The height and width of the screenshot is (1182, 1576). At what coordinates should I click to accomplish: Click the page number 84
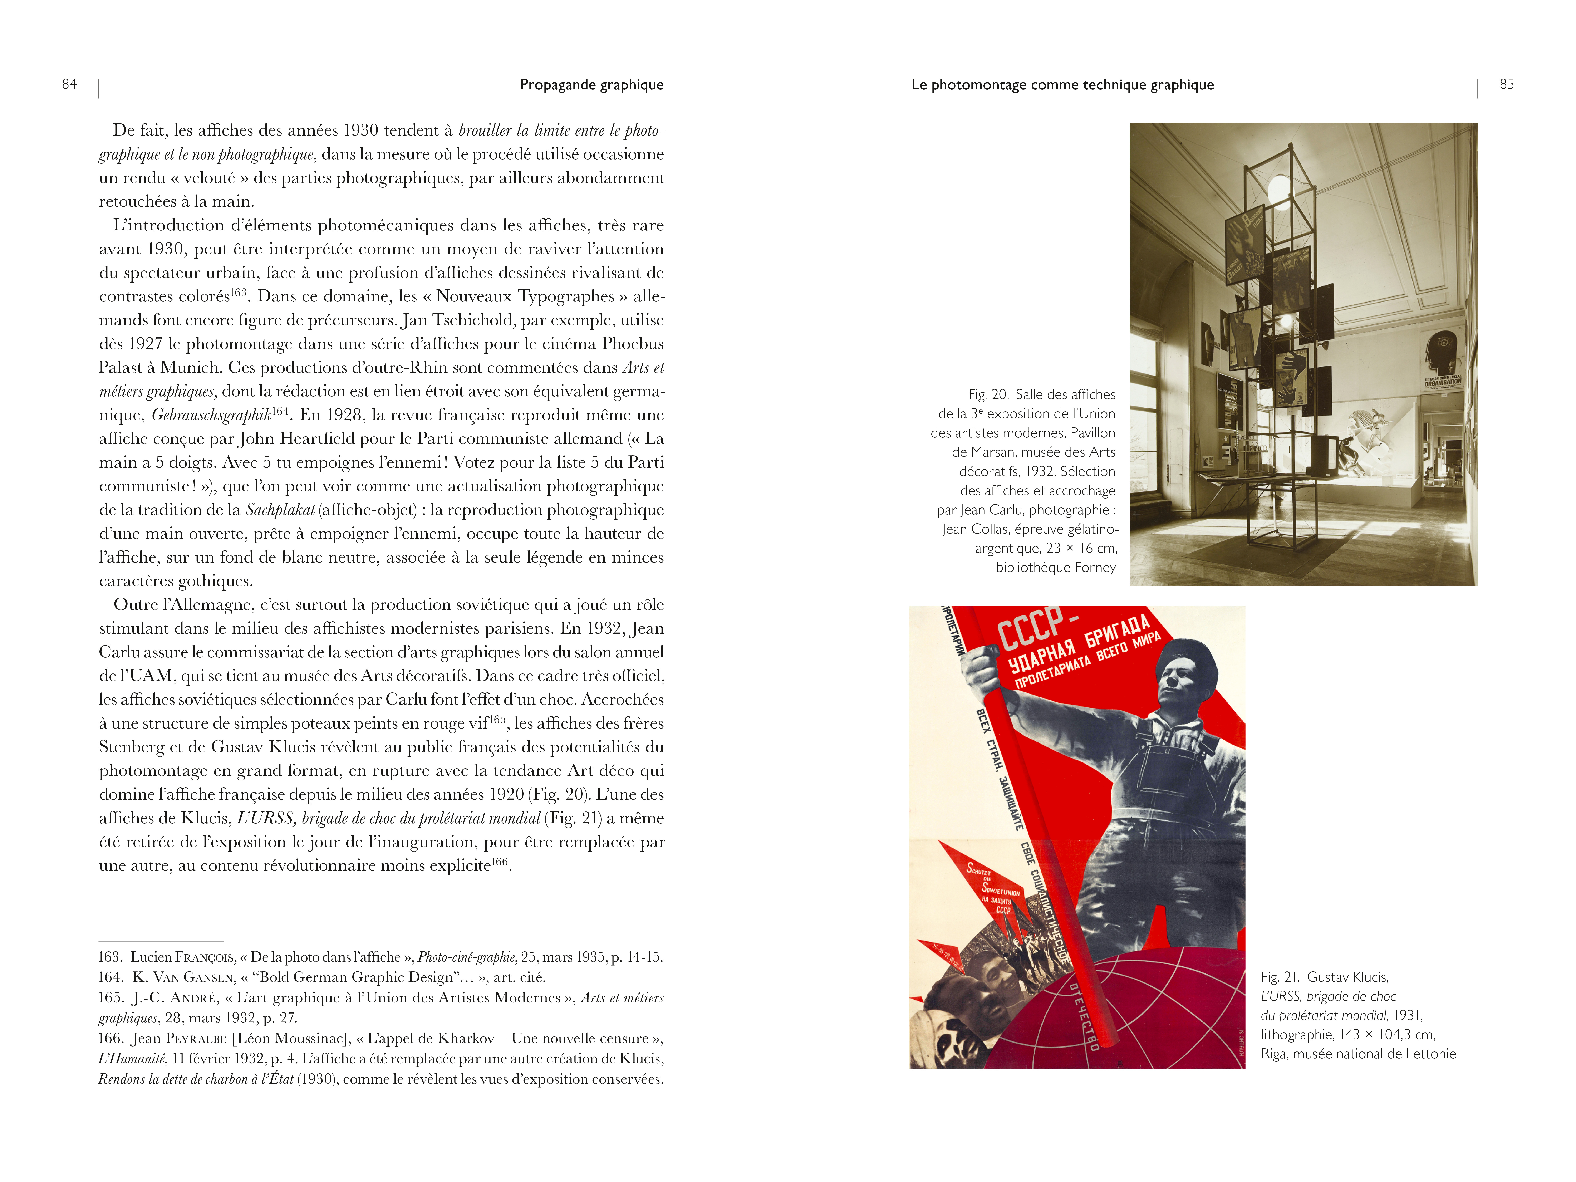click(x=69, y=84)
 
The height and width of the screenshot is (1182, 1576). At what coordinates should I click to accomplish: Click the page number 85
click(x=1506, y=84)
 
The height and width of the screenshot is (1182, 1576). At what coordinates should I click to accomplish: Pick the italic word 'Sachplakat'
click(x=279, y=509)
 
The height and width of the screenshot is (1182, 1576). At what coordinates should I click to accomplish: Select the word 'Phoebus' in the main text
click(x=632, y=343)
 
